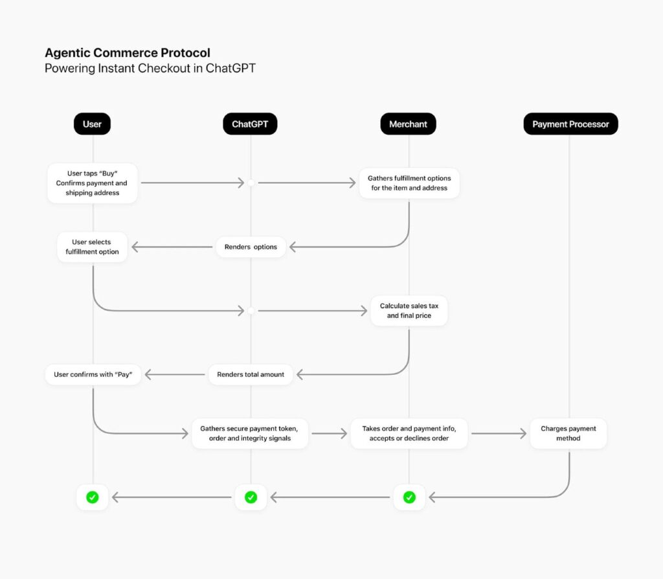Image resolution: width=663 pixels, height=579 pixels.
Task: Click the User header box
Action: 92,124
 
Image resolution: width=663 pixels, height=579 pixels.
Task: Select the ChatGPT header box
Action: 250,124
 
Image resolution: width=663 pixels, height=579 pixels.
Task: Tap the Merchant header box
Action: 408,124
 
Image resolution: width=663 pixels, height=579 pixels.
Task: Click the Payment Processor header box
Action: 570,124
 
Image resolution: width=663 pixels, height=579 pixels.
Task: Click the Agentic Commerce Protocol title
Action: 127,53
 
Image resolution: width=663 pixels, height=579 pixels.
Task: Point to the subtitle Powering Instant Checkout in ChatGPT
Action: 150,69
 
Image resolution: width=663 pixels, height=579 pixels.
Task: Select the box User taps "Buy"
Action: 93,183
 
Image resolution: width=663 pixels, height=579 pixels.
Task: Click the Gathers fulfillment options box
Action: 409,183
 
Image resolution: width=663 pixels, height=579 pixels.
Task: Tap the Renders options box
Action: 251,247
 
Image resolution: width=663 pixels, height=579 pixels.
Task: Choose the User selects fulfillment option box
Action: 92,247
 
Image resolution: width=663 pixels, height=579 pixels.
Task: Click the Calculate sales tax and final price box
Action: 409,311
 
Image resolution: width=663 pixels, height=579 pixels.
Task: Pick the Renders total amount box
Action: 251,374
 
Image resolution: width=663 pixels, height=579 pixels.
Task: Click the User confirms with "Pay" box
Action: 93,374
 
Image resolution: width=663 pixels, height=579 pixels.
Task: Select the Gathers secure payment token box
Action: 250,433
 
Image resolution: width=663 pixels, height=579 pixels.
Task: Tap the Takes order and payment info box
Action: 409,433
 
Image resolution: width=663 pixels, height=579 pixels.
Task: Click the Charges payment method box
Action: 568,433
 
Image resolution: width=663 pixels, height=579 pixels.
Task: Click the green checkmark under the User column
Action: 93,497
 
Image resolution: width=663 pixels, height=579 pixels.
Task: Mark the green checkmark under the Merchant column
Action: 409,497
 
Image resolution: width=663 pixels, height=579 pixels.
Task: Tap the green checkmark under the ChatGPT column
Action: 251,497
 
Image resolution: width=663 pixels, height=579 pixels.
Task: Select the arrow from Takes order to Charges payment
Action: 499,433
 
